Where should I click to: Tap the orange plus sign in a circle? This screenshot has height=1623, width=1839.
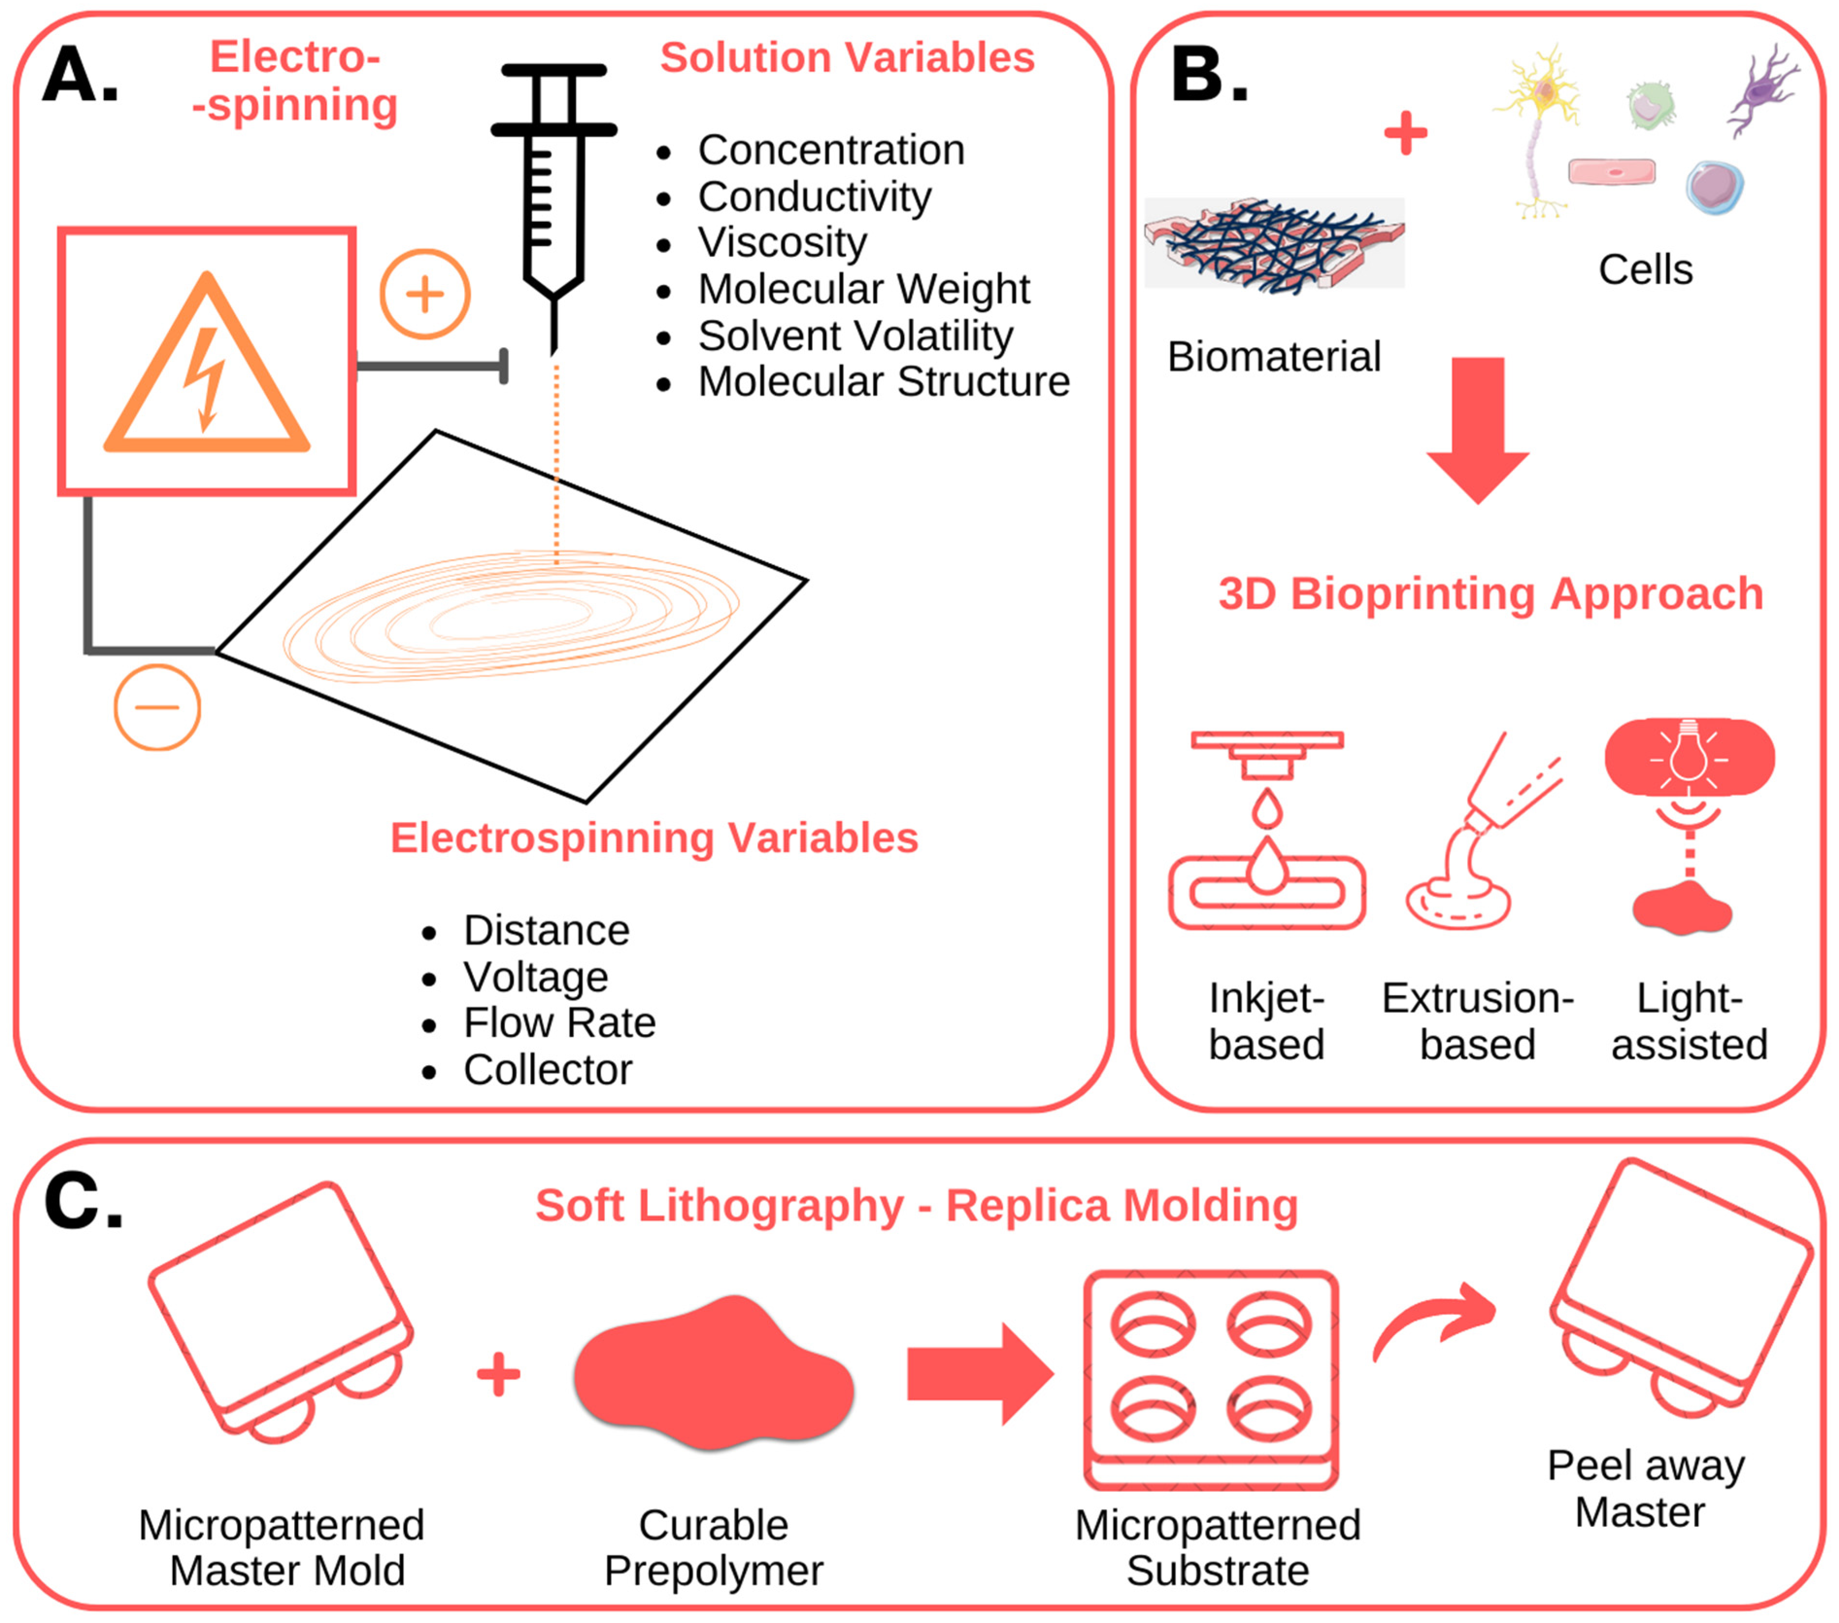pos(425,294)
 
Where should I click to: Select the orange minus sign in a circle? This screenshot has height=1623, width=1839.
pos(157,707)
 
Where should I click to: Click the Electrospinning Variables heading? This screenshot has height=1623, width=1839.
pos(654,837)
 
